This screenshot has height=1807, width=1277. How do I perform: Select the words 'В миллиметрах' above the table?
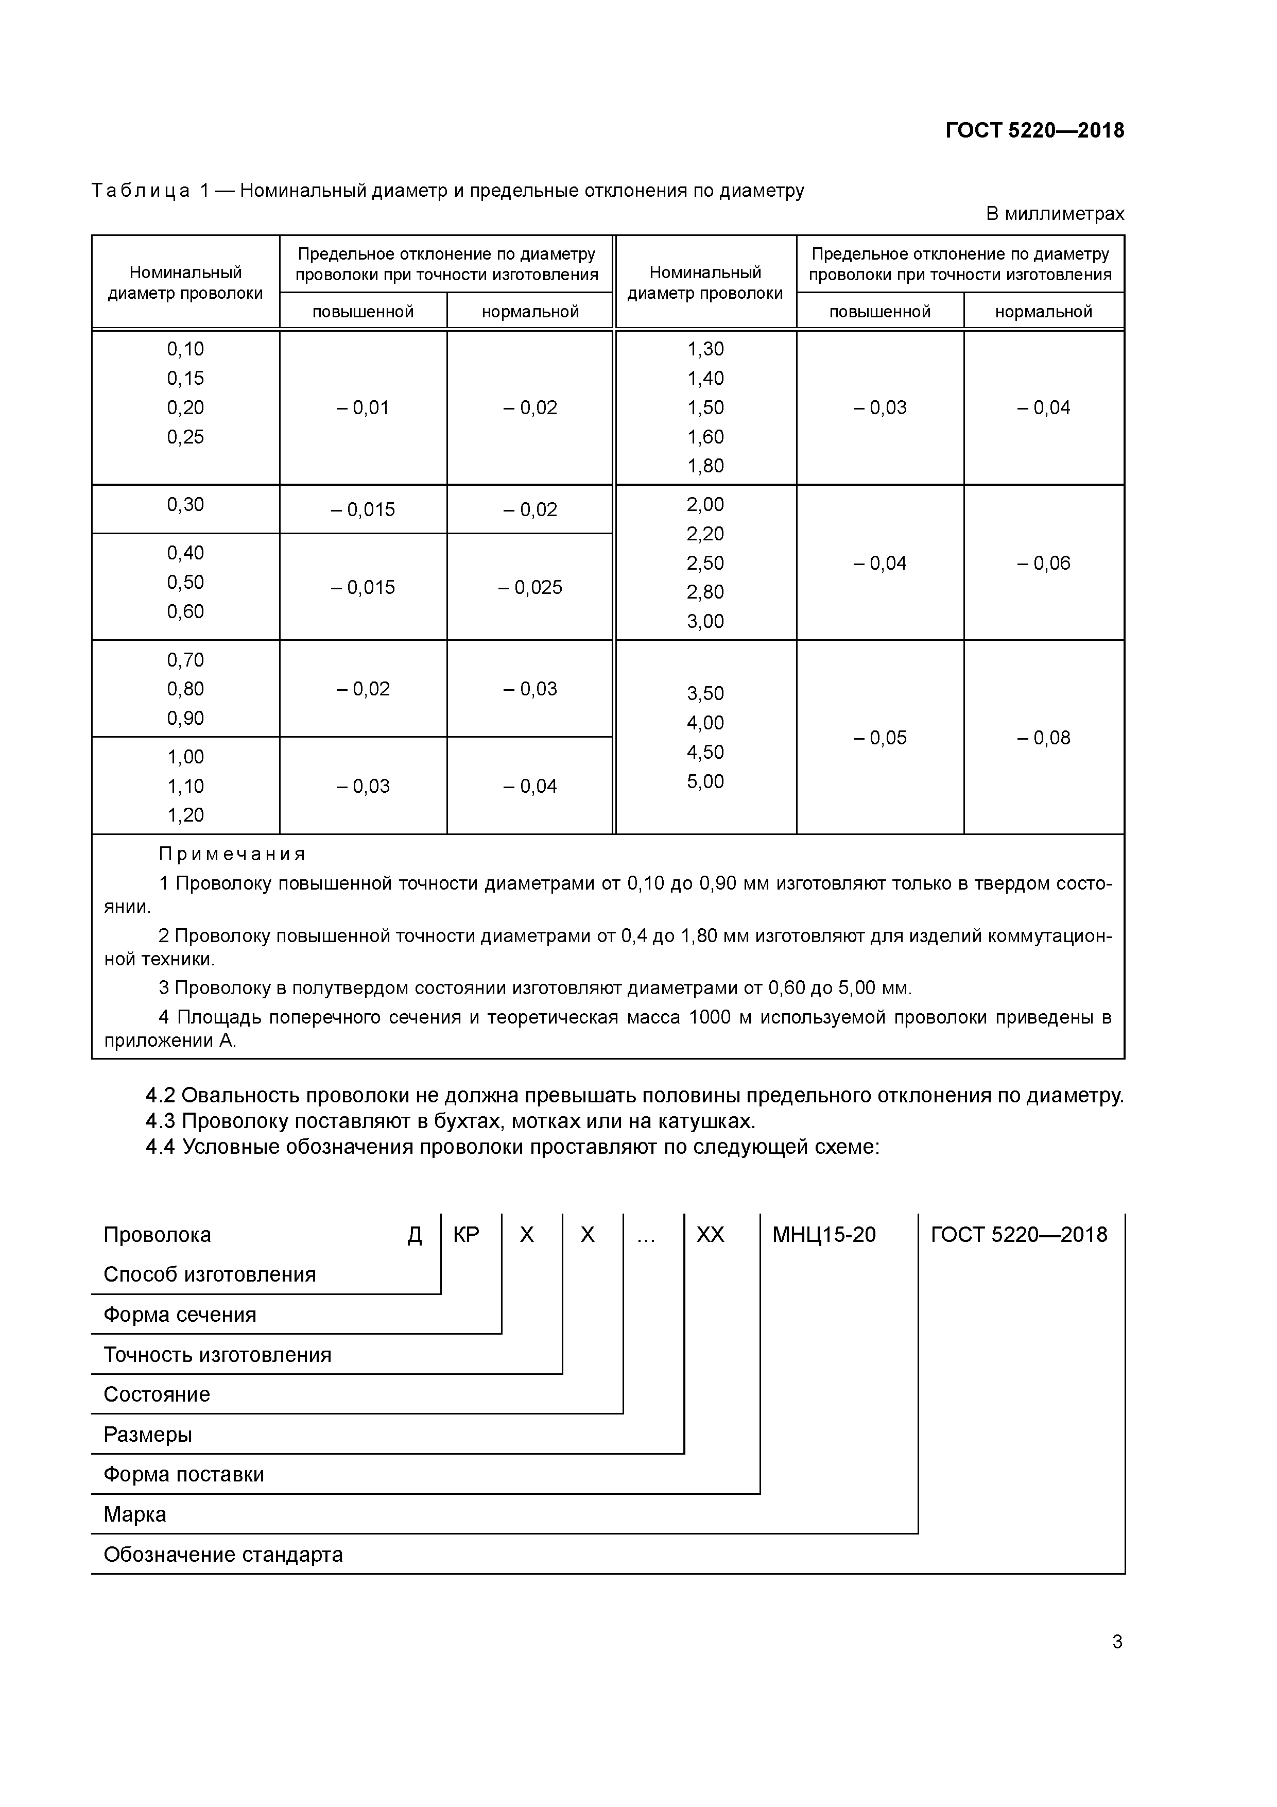click(1055, 213)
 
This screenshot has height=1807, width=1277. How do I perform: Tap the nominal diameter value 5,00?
click(705, 781)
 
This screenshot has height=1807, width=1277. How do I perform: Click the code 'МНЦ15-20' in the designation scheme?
click(824, 1235)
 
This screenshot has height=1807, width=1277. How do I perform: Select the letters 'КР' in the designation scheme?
click(466, 1235)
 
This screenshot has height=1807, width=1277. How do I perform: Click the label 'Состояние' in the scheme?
click(157, 1394)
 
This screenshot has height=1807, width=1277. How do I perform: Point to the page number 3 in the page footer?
click(1116, 1642)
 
